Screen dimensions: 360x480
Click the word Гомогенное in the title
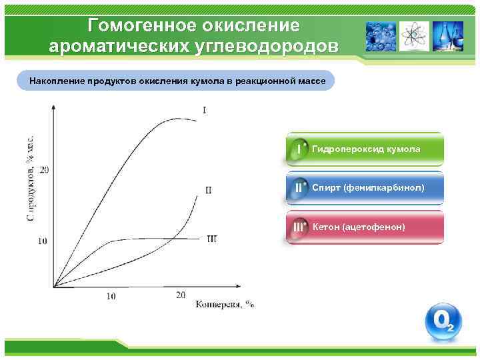coord(136,25)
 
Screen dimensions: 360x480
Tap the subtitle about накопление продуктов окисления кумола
coord(177,81)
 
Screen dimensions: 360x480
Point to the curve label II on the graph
coord(209,191)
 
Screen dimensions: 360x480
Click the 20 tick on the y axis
coord(44,169)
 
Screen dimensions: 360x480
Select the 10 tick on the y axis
coord(43,240)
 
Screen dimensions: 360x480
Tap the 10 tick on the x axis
coord(111,296)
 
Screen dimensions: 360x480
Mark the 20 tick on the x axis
coord(181,295)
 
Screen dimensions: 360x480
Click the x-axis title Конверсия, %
coord(225,304)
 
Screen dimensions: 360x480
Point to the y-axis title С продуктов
coord(31,179)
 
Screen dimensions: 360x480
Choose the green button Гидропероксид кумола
coord(365,149)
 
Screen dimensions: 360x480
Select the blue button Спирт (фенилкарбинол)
coord(365,188)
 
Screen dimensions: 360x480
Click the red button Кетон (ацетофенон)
coord(365,227)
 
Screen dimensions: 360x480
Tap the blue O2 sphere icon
coord(443,323)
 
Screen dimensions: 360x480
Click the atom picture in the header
coord(415,36)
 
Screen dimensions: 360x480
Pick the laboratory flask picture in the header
coord(448,36)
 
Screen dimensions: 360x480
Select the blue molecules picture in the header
coord(381,36)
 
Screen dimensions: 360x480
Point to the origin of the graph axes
coord(55,287)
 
